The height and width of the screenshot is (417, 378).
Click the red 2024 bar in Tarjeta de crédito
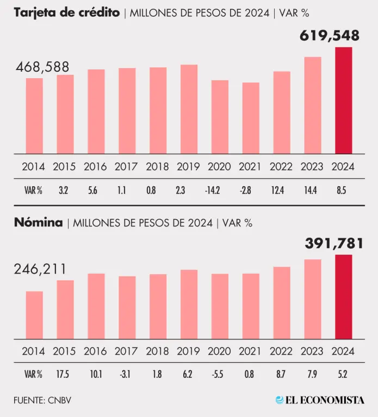(343, 100)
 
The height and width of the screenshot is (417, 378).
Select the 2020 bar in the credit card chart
(220, 117)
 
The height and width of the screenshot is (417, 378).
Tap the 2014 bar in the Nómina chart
(34, 315)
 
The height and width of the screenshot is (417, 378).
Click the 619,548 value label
(330, 36)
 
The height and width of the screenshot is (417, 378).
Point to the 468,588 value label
(42, 67)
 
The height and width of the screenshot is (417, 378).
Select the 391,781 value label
(330, 243)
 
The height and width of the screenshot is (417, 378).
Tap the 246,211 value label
(41, 269)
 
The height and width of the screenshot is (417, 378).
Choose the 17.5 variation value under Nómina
(65, 374)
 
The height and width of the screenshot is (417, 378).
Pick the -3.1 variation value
(127, 374)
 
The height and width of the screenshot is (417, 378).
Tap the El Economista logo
(320, 400)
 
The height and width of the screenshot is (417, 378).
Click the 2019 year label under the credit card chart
(189, 167)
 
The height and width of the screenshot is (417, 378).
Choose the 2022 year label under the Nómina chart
(282, 351)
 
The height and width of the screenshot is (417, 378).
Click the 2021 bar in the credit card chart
(251, 118)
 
